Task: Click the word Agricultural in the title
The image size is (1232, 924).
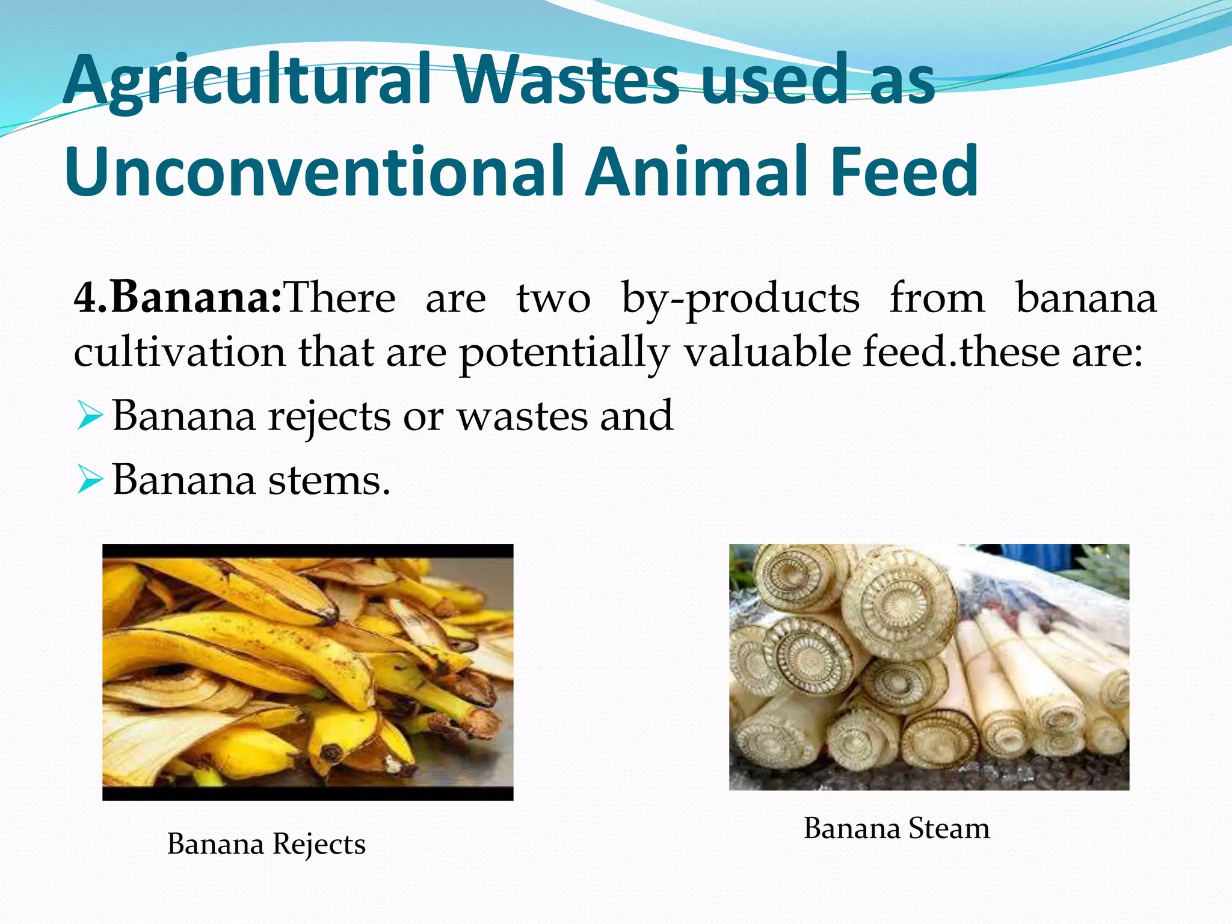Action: point(247,81)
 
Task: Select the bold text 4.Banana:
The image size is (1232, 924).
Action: point(178,298)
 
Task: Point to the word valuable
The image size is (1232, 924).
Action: point(767,352)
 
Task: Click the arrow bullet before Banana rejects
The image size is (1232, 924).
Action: point(90,416)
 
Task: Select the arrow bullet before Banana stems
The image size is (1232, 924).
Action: point(90,481)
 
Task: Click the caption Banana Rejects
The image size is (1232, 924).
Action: point(266,844)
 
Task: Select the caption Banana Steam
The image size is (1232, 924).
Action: point(896,828)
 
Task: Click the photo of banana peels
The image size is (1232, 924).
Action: point(307,672)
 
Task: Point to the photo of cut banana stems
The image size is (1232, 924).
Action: point(929,667)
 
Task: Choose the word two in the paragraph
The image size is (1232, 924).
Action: point(553,298)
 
